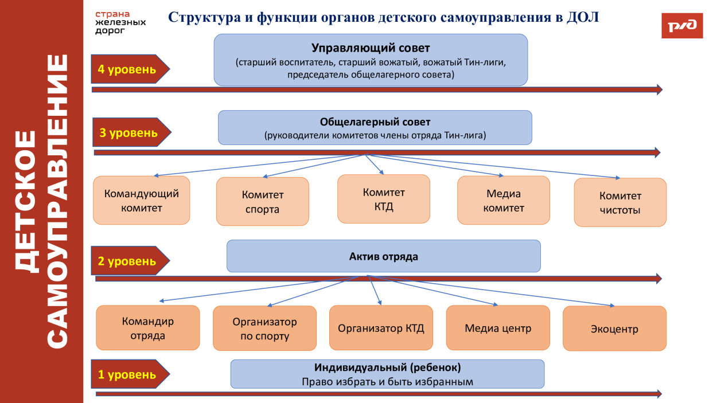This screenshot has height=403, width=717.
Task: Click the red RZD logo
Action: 681,25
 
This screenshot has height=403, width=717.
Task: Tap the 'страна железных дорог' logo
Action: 120,22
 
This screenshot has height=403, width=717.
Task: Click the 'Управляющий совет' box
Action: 371,60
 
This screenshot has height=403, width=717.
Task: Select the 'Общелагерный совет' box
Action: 375,128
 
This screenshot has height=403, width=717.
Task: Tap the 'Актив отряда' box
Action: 383,256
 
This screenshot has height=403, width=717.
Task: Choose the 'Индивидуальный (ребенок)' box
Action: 387,374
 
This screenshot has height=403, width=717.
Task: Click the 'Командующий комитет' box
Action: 142,200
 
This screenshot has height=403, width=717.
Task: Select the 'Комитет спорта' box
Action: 262,201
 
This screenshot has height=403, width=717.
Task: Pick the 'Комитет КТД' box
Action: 383,198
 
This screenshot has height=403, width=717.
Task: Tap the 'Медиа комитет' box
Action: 503,200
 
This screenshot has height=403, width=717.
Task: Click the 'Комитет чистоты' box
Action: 620,202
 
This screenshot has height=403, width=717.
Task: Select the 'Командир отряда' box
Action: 147,328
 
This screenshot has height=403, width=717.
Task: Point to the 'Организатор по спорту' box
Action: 264,328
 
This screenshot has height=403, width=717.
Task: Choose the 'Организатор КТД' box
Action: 381,328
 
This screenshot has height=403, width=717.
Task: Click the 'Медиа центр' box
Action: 498,328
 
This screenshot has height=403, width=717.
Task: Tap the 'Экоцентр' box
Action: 614,328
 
